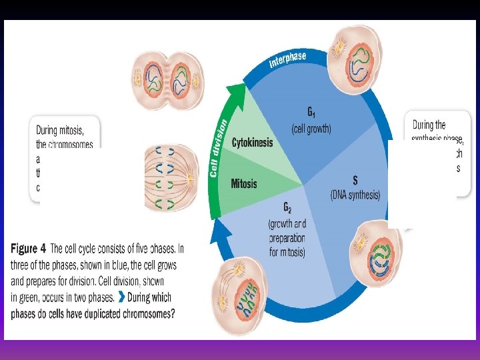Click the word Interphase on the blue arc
(287, 60)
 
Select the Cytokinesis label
(252, 143)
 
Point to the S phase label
(355, 180)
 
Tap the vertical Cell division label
(217, 148)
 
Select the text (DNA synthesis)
(355, 195)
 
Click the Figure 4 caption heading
(29, 249)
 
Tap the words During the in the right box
(429, 125)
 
